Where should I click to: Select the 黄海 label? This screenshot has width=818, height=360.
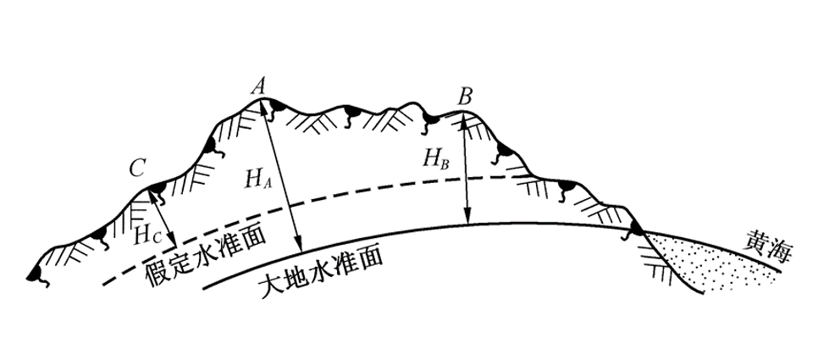(768, 248)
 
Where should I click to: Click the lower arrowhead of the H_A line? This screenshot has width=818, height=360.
(298, 244)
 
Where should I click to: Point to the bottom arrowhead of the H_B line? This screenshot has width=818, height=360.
(468, 216)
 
